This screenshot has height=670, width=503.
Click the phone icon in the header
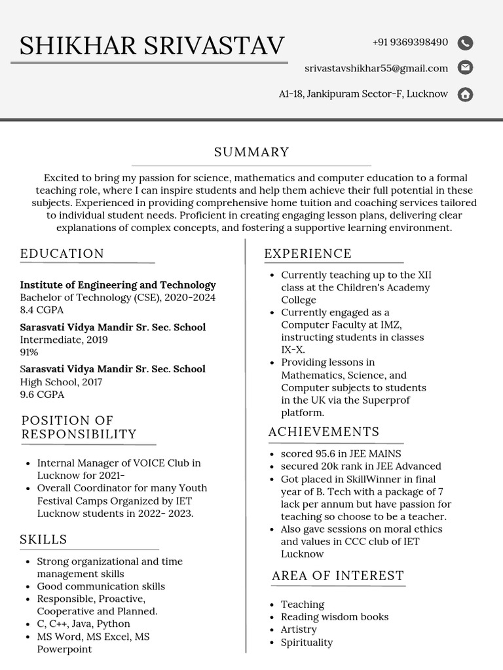pyautogui.click(x=465, y=43)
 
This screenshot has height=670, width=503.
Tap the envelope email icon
pyautogui.click(x=465, y=67)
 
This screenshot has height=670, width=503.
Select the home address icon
pyautogui.click(x=465, y=94)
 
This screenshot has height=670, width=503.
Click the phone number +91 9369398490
pyautogui.click(x=410, y=43)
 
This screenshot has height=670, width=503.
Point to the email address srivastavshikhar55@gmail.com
pyautogui.click(x=376, y=68)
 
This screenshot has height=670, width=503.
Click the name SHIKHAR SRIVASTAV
pyautogui.click(x=152, y=46)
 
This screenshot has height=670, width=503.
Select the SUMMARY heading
pyautogui.click(x=251, y=152)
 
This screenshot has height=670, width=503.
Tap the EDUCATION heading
pyautogui.click(x=62, y=254)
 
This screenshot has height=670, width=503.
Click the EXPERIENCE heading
pyautogui.click(x=308, y=254)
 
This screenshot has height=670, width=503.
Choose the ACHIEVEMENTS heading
pyautogui.click(x=324, y=432)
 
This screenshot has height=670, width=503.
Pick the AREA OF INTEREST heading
pyautogui.click(x=338, y=576)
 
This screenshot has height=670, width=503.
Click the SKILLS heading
pyautogui.click(x=43, y=540)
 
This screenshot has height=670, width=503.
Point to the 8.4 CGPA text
pyautogui.click(x=42, y=310)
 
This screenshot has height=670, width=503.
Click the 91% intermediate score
pyautogui.click(x=29, y=352)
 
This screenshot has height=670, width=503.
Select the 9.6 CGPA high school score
pyautogui.click(x=42, y=395)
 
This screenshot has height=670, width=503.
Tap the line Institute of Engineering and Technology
pyautogui.click(x=118, y=285)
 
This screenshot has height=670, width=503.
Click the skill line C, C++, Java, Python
pyautogui.click(x=83, y=624)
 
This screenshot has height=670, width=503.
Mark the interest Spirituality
pyautogui.click(x=307, y=643)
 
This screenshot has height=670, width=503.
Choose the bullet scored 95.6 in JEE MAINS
pyautogui.click(x=341, y=453)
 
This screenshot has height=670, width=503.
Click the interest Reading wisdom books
pyautogui.click(x=334, y=617)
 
